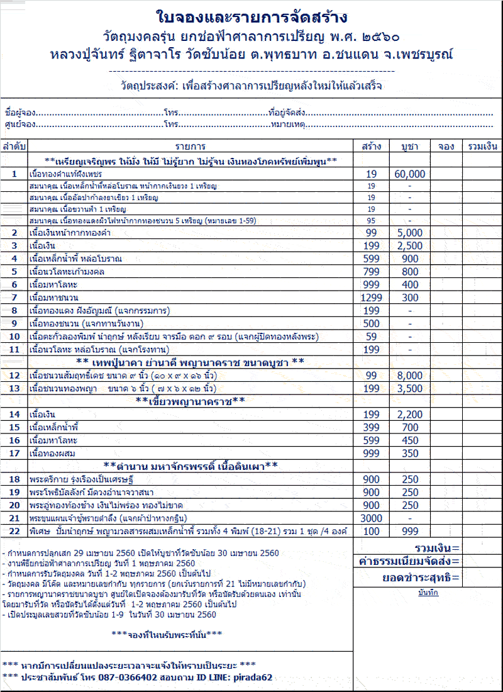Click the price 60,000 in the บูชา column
click(x=409, y=174)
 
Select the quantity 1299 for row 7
click(x=371, y=298)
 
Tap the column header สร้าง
click(x=371, y=147)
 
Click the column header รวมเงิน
click(x=482, y=147)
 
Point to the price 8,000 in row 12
click(x=409, y=376)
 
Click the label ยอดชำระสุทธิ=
click(x=421, y=578)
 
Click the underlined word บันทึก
click(x=428, y=593)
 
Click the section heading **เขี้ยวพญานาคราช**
click(x=190, y=401)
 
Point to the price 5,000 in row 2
click(x=409, y=233)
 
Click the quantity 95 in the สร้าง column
click(x=371, y=220)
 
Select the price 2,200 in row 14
click(x=409, y=415)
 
